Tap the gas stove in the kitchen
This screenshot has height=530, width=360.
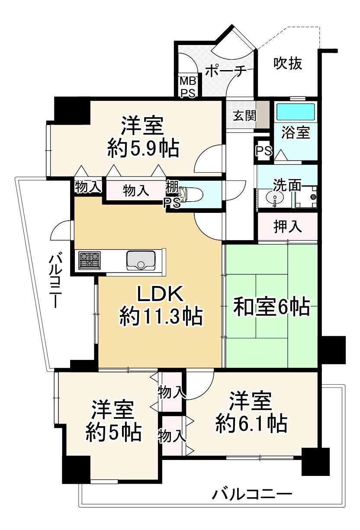(x=89, y=260)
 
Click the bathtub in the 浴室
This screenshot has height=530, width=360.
(x=296, y=112)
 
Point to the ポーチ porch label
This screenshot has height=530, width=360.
(x=225, y=70)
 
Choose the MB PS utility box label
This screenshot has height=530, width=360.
(x=188, y=87)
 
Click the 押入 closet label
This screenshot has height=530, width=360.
(x=287, y=227)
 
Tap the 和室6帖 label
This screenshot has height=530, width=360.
(x=271, y=307)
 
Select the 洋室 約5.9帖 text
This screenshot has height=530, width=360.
(x=143, y=137)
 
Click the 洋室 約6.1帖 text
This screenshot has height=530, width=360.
(x=251, y=411)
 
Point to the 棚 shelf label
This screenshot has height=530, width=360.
(x=171, y=188)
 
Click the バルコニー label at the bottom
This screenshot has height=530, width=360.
(x=252, y=494)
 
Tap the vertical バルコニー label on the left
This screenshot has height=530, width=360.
(x=55, y=281)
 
